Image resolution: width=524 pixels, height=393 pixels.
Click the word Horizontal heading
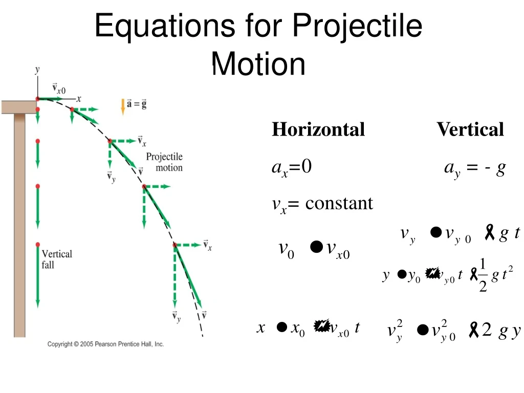(x=318, y=129)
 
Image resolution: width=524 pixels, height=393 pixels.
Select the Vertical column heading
(x=470, y=129)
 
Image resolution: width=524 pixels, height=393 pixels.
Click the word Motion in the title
(x=258, y=65)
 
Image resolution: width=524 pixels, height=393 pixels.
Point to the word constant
(x=339, y=204)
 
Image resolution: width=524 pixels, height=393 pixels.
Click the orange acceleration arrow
(x=123, y=106)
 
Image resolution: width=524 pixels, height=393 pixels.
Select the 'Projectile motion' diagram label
(x=164, y=162)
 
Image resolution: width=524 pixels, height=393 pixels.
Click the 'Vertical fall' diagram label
(x=57, y=259)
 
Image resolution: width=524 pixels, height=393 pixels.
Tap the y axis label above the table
(x=37, y=70)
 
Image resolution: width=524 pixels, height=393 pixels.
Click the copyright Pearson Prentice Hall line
(x=105, y=344)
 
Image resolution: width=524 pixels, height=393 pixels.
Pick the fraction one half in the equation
(x=483, y=275)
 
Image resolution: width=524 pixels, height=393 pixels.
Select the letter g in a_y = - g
(x=500, y=168)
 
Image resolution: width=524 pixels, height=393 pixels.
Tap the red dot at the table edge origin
(x=37, y=99)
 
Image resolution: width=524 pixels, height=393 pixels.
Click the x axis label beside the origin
(x=79, y=99)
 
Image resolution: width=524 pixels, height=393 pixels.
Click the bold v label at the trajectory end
(x=204, y=315)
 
